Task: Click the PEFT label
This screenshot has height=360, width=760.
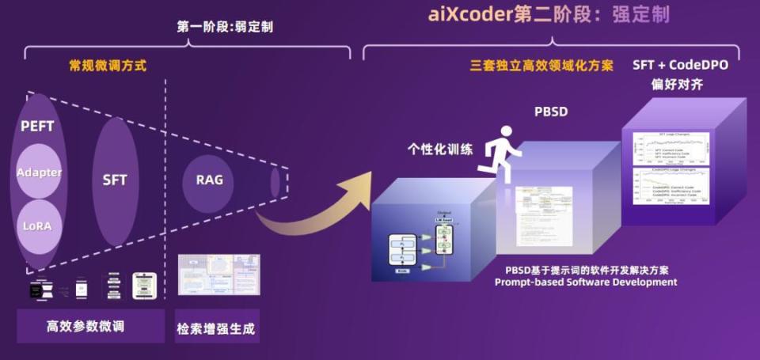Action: (x=37, y=127)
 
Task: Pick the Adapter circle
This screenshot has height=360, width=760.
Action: (x=39, y=172)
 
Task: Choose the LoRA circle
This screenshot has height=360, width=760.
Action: (x=37, y=225)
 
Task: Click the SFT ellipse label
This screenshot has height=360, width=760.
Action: (x=115, y=180)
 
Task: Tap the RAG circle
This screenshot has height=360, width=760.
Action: (x=209, y=180)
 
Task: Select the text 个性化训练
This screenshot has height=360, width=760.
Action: (x=440, y=148)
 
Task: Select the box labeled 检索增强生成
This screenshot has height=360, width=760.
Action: (x=217, y=327)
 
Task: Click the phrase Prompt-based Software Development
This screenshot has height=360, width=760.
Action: (x=586, y=282)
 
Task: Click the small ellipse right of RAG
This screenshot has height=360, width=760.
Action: (x=275, y=183)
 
